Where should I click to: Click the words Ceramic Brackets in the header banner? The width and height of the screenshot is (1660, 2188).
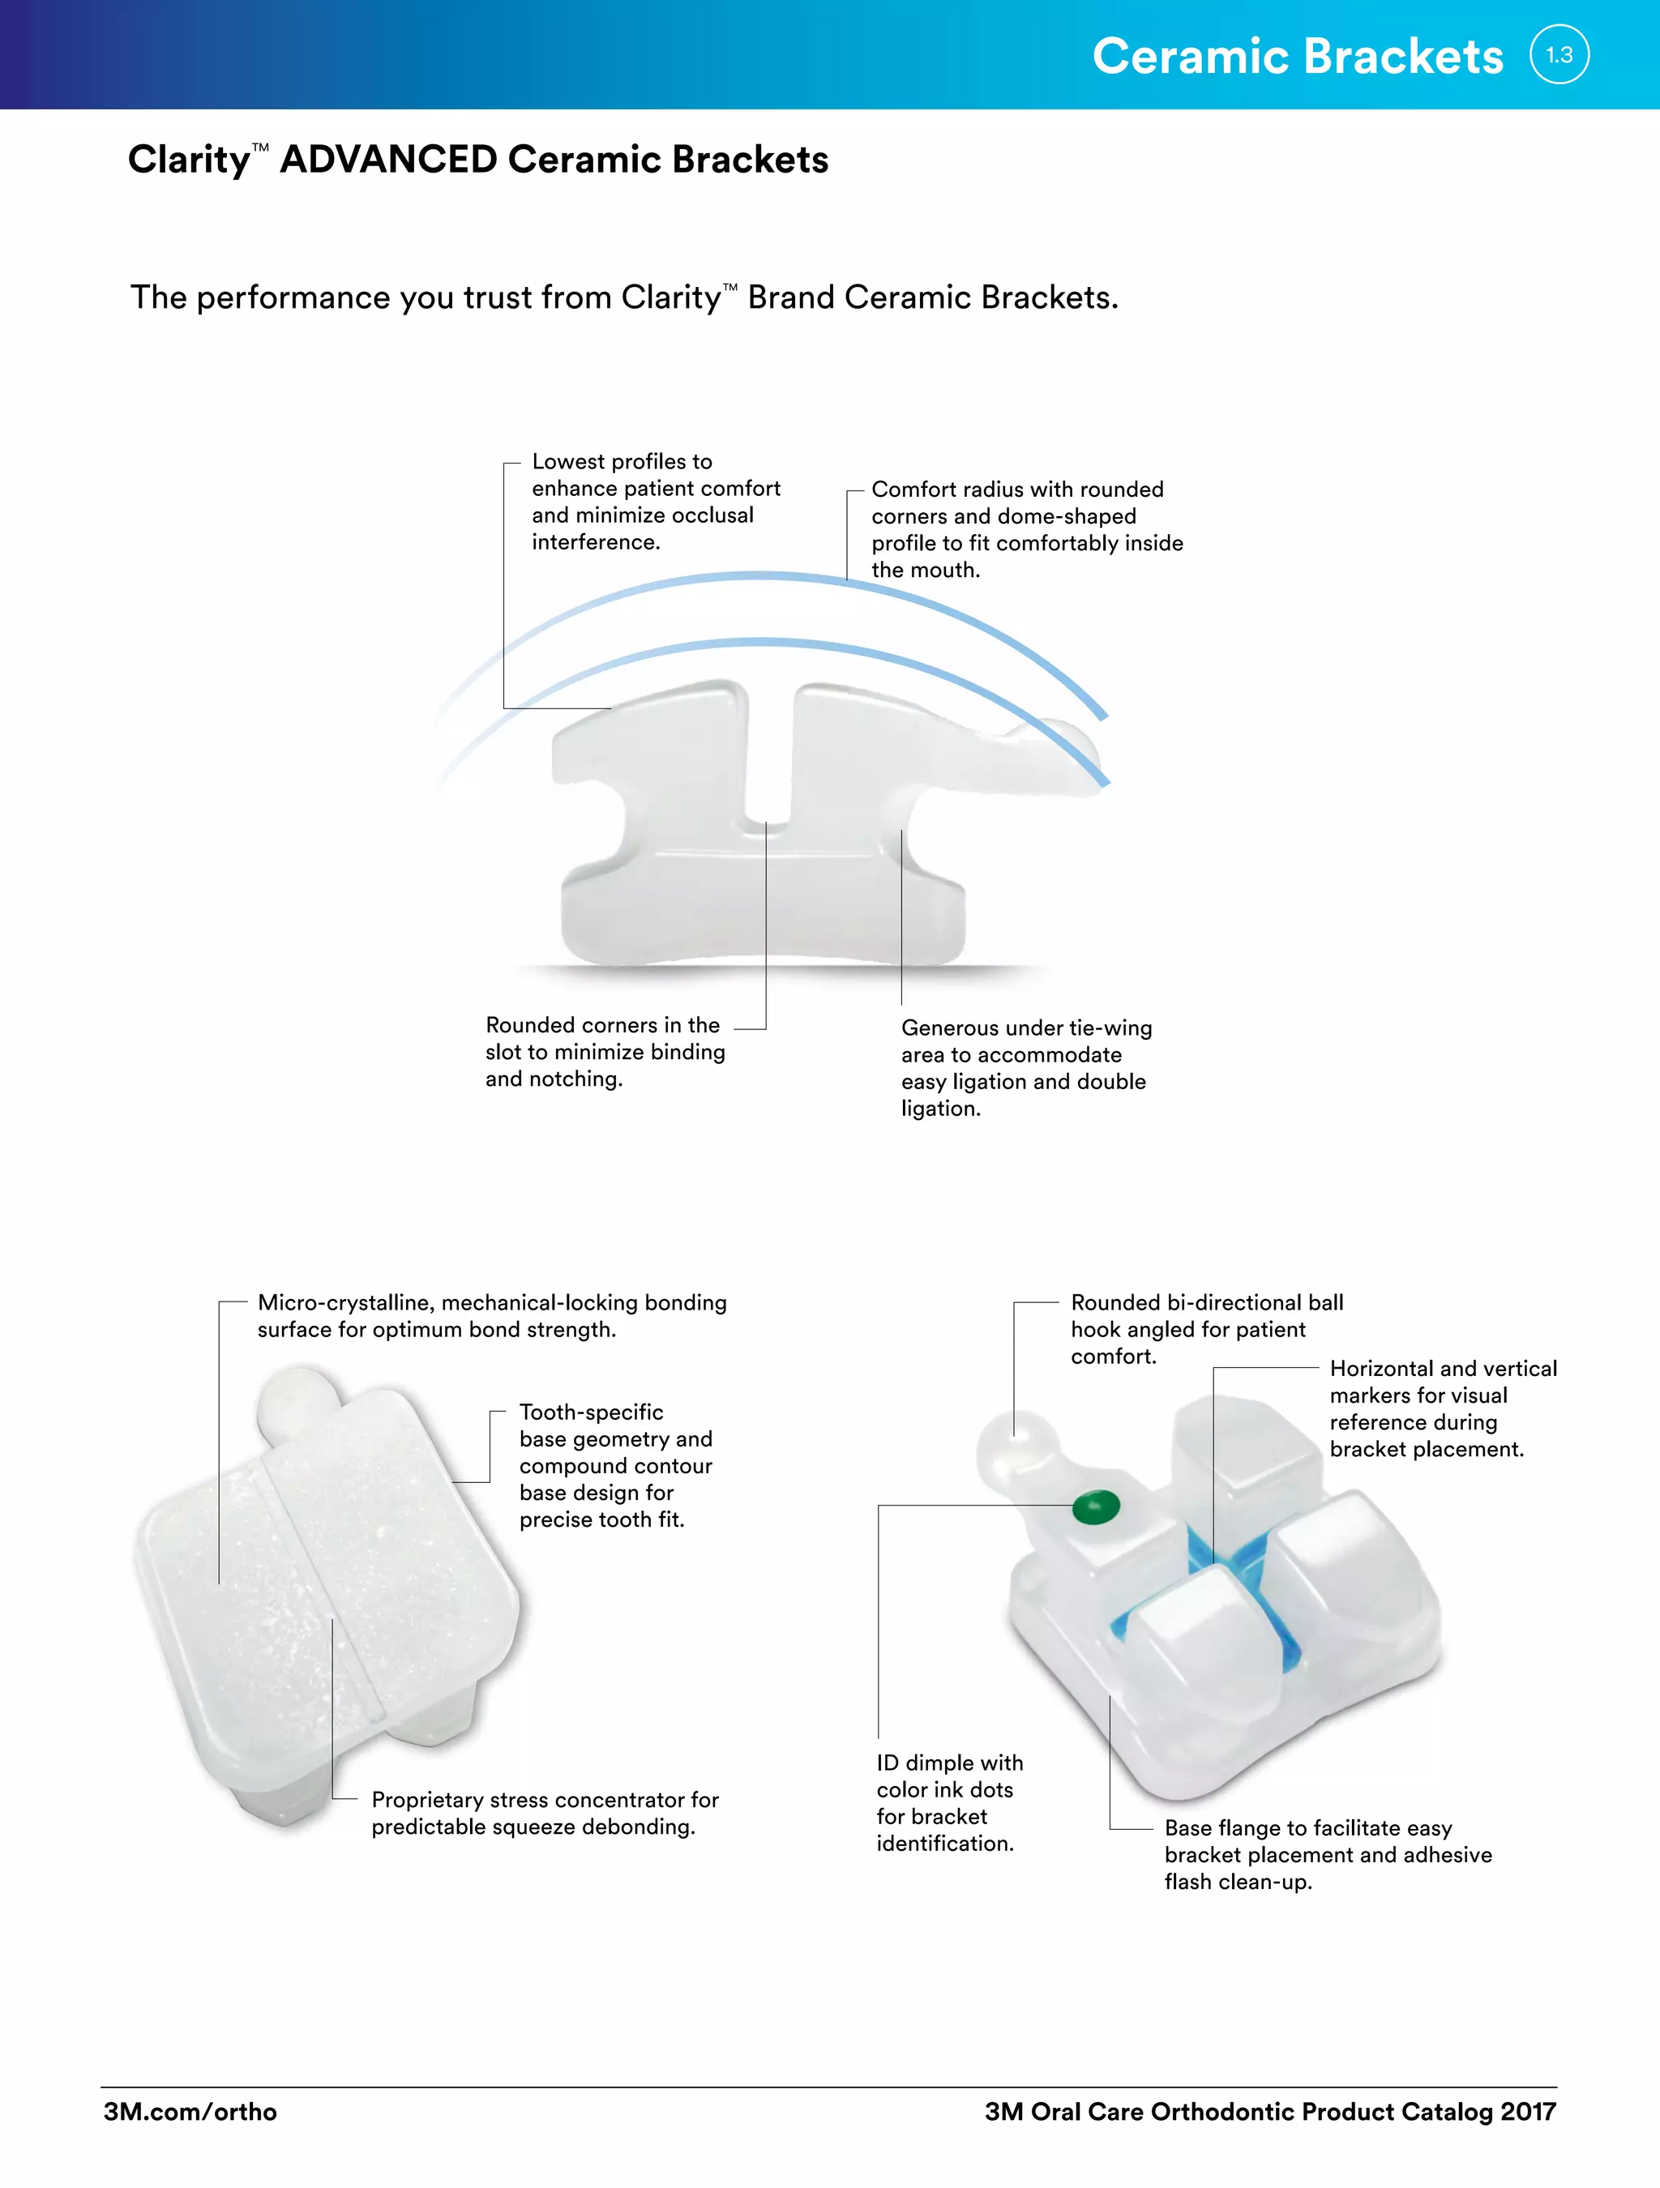(1297, 57)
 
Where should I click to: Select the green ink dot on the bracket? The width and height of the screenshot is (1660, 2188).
(1096, 1507)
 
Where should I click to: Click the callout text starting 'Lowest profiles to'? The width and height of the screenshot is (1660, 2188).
(655, 502)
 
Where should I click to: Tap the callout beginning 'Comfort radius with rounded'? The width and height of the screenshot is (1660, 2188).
(1026, 529)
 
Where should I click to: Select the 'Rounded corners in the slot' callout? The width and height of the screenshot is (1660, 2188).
(605, 1052)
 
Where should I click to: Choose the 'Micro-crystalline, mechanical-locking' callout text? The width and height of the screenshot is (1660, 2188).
(492, 1315)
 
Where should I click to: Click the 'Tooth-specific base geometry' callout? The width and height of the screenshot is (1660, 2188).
(615, 1465)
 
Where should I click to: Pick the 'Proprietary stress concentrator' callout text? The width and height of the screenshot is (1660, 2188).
(544, 1813)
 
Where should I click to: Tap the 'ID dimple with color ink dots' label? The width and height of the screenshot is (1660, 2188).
(948, 1802)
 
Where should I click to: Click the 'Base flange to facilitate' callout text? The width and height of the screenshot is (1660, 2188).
(1327, 1855)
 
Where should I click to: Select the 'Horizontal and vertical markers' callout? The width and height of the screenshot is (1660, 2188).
(1441, 1408)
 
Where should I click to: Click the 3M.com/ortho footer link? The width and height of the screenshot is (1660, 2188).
(190, 2112)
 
